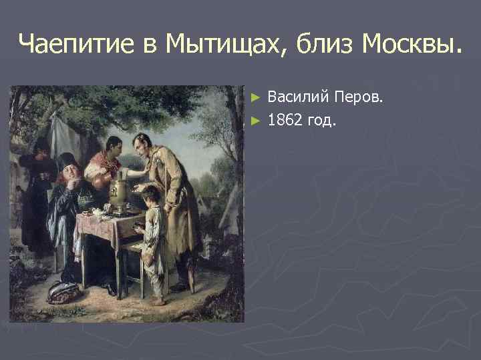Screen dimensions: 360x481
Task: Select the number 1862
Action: coord(285,120)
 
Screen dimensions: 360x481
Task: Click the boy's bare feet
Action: coord(158,300)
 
